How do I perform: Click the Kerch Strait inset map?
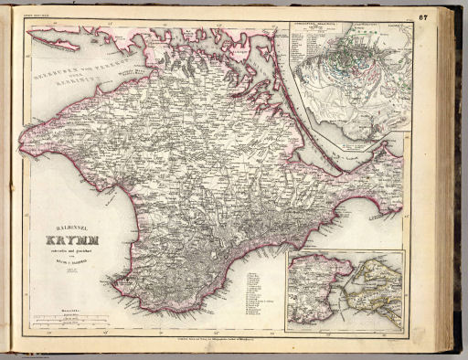point(348,292)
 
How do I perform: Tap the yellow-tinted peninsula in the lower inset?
point(380,287)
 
